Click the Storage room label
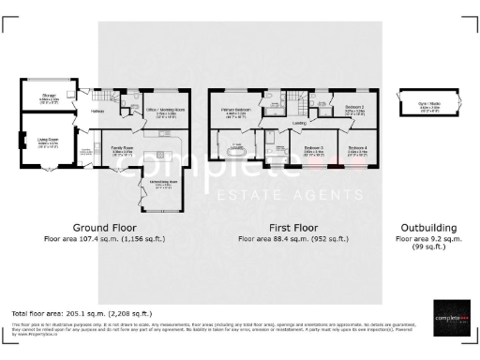49,96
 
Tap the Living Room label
49,141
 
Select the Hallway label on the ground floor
97,111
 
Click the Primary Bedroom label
236,111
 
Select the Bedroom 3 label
314,147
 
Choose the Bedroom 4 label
358,147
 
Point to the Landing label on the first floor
300,123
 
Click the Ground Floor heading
104,228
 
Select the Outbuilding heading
428,228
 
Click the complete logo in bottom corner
450,317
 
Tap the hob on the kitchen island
161,147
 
